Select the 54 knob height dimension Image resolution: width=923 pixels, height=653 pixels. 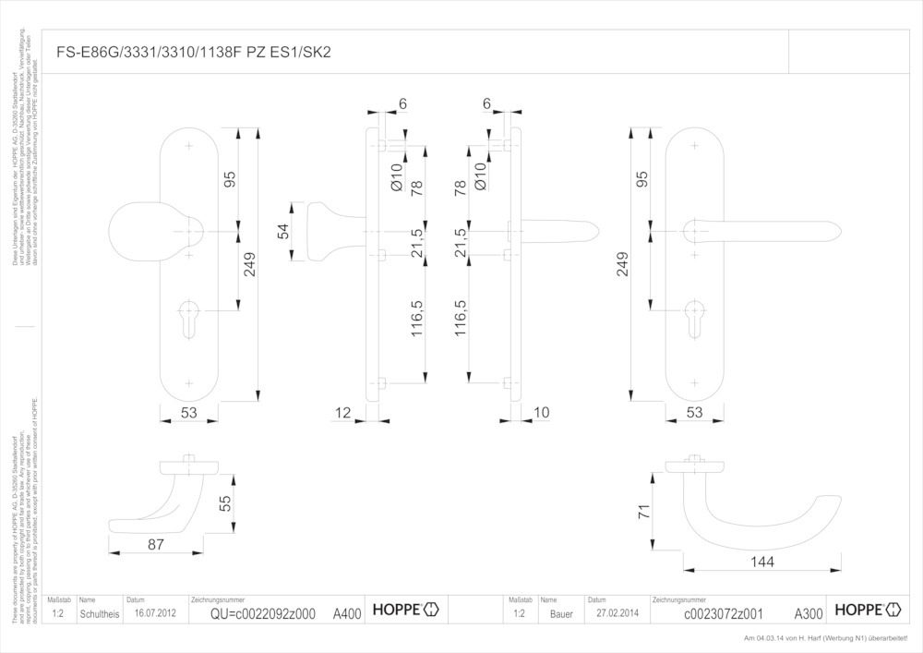(284, 230)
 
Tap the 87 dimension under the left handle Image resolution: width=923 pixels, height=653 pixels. (155, 545)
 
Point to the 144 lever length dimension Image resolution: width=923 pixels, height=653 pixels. (761, 562)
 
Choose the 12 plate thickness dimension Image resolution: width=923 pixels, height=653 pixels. (343, 413)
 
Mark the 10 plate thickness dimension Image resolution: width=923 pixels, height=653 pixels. (541, 413)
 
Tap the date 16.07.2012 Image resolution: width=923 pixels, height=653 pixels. (155, 613)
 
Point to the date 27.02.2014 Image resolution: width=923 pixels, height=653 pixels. (617, 613)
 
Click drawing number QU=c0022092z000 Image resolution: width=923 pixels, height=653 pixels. (263, 613)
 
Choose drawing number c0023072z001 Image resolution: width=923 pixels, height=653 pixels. (723, 613)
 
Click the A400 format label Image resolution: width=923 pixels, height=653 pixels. (347, 613)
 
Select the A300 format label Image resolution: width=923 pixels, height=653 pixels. (809, 613)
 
